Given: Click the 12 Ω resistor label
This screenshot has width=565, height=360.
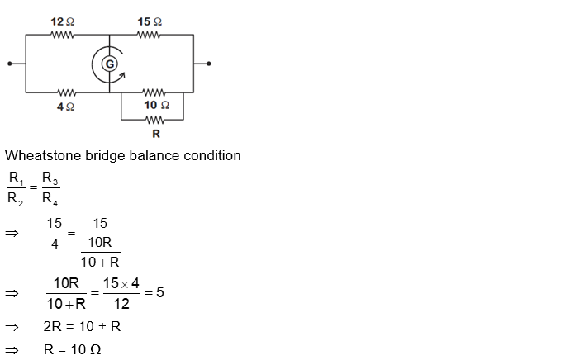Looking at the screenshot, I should tap(63, 21).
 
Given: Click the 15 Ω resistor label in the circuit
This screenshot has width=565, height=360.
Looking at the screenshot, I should tap(150, 21).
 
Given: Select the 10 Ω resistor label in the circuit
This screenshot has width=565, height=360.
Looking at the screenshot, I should tap(156, 105).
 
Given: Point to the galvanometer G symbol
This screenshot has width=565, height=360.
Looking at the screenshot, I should tap(108, 64).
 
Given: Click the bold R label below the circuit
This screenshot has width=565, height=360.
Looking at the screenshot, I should tap(156, 133).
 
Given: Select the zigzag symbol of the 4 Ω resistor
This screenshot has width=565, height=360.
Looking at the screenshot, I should tap(65, 92).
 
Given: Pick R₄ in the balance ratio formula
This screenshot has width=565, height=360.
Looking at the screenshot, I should tap(50, 199).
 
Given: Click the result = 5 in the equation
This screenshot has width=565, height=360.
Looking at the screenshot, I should tap(154, 291).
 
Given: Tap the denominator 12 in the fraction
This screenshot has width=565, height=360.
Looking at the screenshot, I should tap(122, 303).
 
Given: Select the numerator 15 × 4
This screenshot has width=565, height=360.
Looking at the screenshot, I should tap(122, 283).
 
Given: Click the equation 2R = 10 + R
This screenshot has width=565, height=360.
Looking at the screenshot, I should tap(82, 326).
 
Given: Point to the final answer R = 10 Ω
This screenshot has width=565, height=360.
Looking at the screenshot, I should tap(72, 349).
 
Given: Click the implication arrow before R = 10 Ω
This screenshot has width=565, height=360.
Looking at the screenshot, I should tap(12, 349).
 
